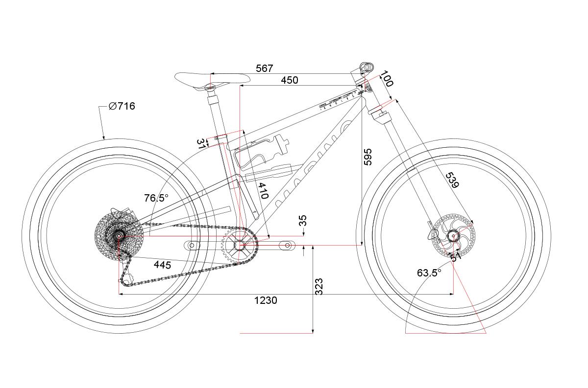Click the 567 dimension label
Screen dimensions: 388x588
[264, 68]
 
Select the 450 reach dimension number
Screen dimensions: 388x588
[289, 80]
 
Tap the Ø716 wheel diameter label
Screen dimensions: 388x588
[122, 106]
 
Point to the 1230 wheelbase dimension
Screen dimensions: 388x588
[266, 300]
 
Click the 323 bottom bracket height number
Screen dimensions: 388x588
[318, 287]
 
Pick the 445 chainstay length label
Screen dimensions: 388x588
[162, 265]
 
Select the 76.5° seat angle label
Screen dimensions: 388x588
[156, 198]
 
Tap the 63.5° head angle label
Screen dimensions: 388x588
[429, 273]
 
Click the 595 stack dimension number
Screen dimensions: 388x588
[368, 157]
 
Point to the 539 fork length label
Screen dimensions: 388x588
[452, 180]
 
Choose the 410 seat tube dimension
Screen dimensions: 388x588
[263, 191]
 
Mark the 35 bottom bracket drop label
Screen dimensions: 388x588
[303, 220]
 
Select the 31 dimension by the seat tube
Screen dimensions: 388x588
[201, 143]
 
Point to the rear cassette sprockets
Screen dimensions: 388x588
[118, 236]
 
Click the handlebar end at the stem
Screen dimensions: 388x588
[366, 67]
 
